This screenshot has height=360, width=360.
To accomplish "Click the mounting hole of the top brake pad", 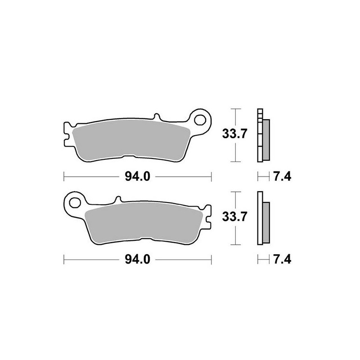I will [x=201, y=120].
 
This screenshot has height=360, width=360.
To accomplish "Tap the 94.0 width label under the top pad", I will [x=137, y=177].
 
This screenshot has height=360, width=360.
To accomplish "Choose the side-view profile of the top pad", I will [x=262, y=135].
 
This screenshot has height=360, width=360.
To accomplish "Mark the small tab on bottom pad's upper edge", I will [x=117, y=198].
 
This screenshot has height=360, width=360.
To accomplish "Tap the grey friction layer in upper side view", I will [x=266, y=139].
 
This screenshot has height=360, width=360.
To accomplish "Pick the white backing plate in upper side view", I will [x=259, y=135].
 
